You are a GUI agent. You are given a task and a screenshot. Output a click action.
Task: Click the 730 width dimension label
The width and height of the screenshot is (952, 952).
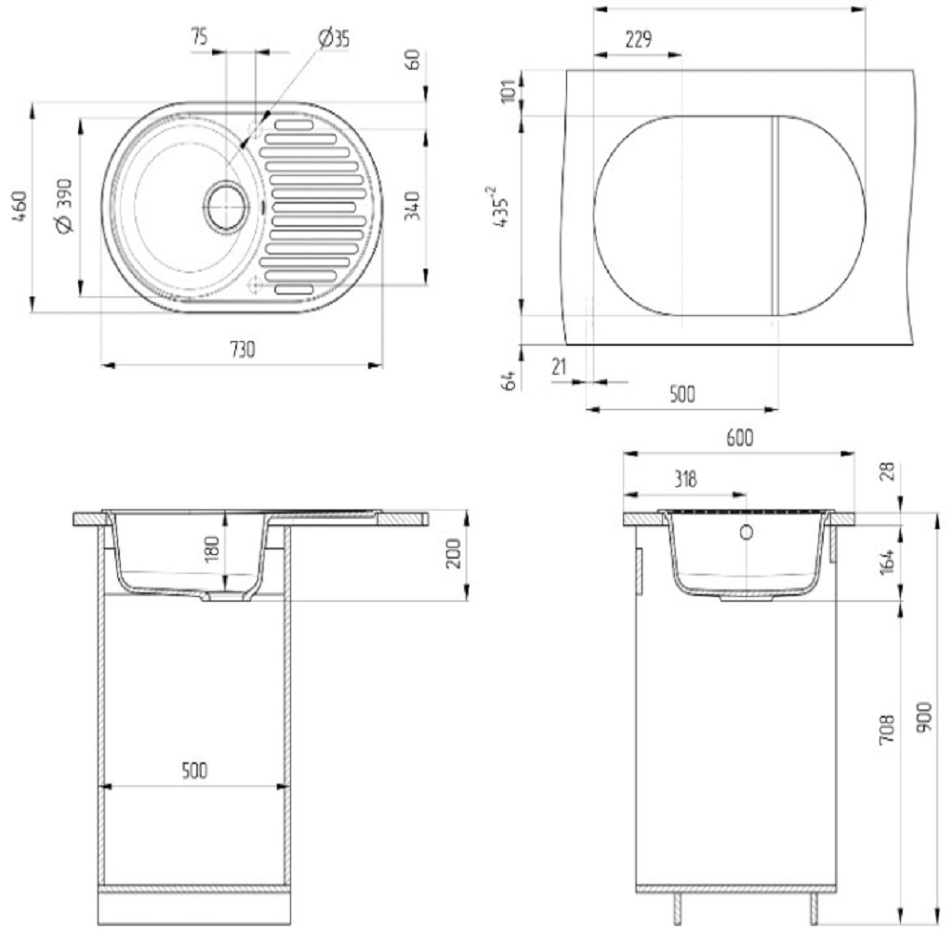click(x=243, y=350)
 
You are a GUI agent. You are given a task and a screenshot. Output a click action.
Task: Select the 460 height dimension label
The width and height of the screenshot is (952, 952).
click(x=20, y=206)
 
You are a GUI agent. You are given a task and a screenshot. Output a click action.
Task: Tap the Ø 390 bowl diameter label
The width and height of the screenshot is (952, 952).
click(x=64, y=205)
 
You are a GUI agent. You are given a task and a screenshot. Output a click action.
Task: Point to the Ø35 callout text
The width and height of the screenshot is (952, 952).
click(x=334, y=38)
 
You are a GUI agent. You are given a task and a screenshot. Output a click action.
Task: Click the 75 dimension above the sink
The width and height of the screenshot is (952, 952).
click(x=199, y=36)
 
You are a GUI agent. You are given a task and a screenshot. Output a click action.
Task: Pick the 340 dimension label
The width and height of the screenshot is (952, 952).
click(x=412, y=205)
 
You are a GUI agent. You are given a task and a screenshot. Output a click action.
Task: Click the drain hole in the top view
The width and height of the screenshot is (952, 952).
click(x=227, y=205)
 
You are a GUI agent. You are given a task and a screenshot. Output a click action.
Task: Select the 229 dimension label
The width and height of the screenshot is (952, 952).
click(x=638, y=40)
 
